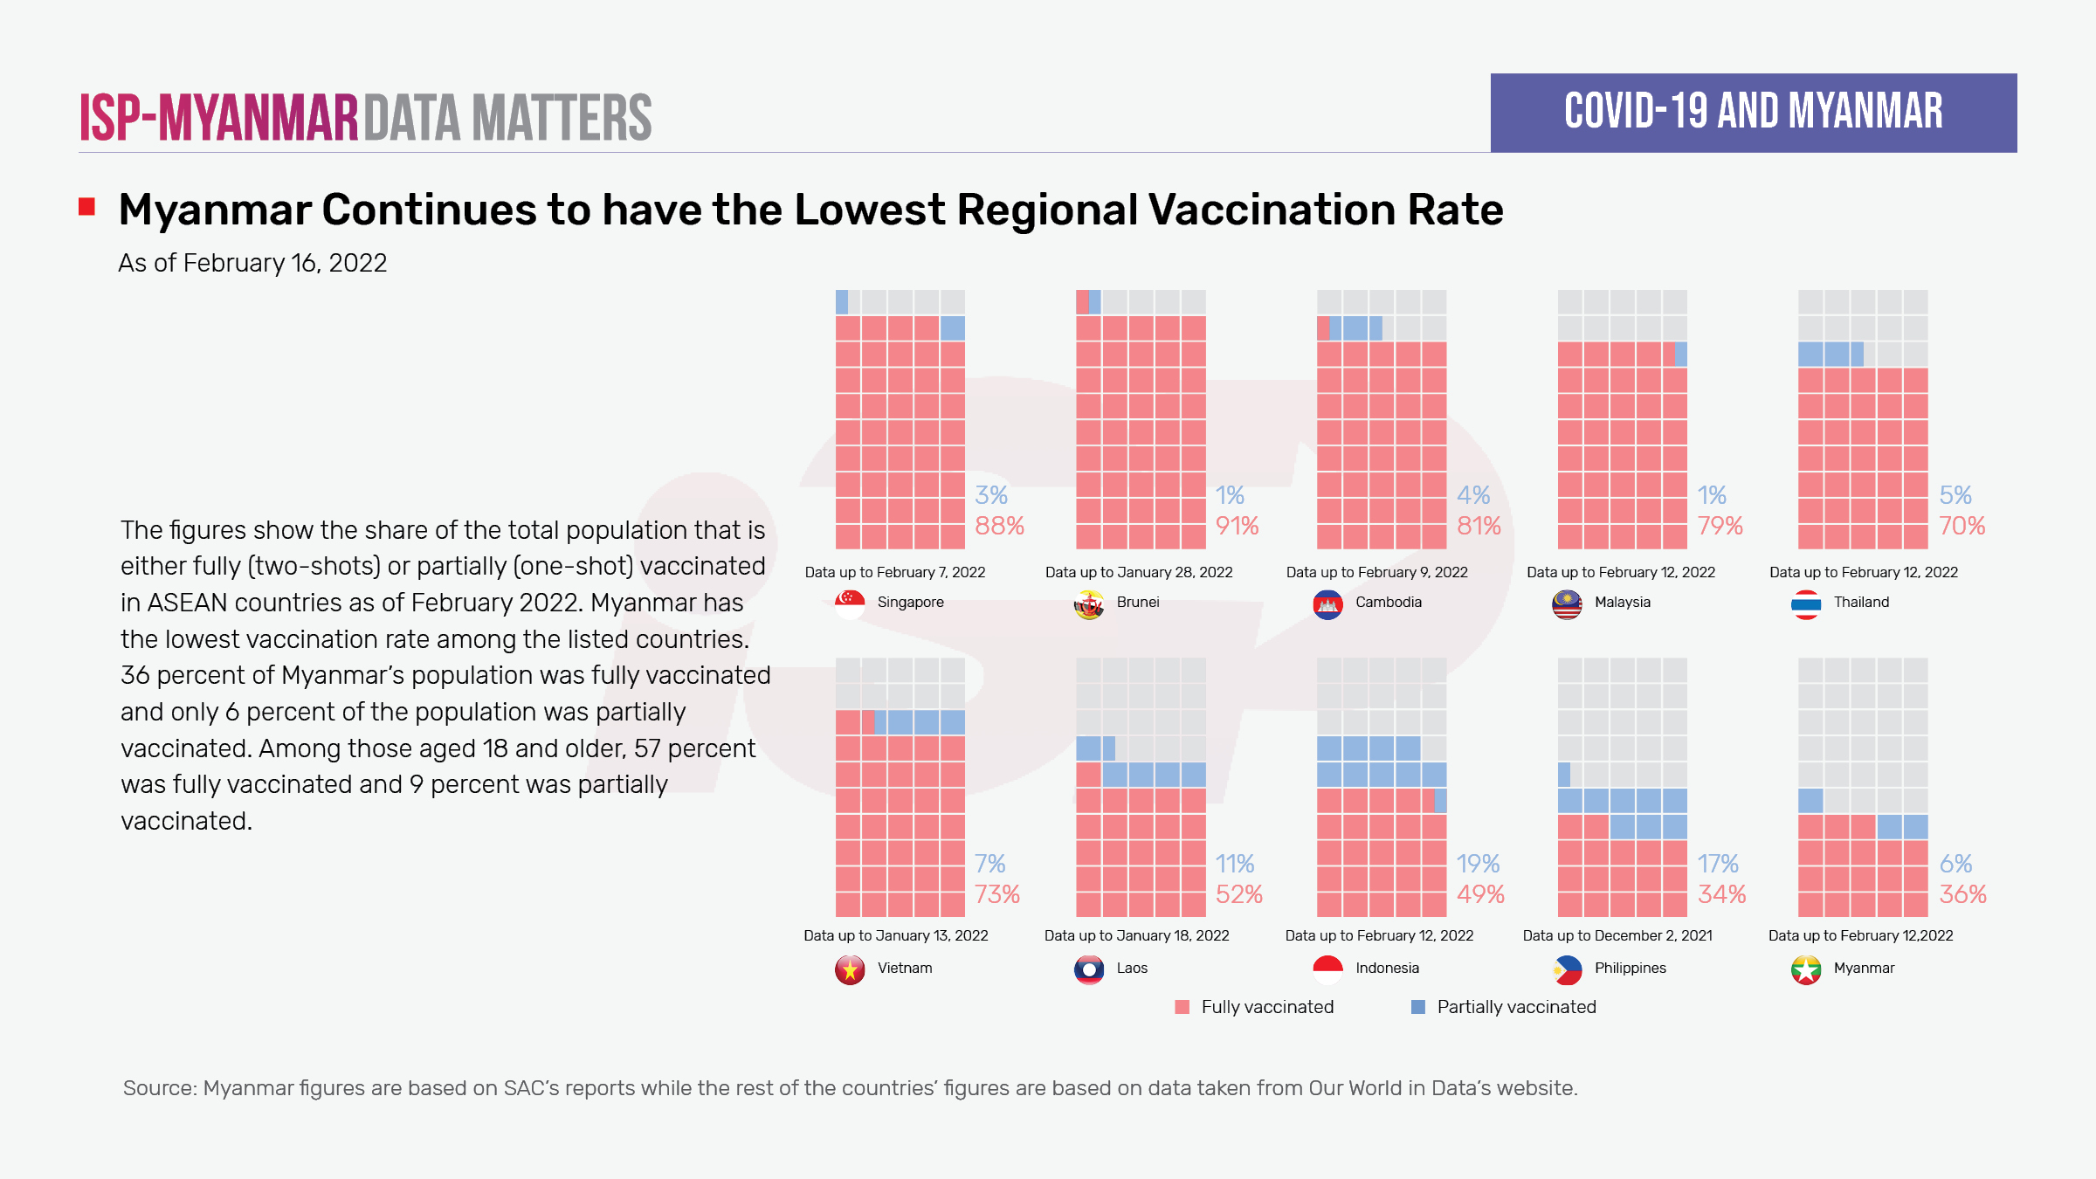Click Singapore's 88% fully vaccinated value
coord(999,526)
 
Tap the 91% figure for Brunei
coord(1237,526)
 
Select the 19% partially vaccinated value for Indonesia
coord(1478,864)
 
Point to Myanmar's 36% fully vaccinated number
coord(1962,894)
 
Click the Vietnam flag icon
coord(850,969)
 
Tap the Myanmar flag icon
coord(1806,969)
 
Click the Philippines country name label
coord(1630,968)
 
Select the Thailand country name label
coord(1861,602)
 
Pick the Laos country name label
coord(1132,968)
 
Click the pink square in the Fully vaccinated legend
coord(1182,1007)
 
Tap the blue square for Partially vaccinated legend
coord(1418,1007)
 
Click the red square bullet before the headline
coord(86,207)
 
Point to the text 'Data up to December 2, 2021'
coord(1617,935)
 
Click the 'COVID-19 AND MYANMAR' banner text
coord(1754,112)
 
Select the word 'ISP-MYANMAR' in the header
coord(219,118)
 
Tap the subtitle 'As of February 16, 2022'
coord(252,263)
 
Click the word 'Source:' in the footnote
coord(160,1088)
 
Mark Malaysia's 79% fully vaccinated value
coord(1720,526)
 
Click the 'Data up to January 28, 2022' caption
coord(1139,572)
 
